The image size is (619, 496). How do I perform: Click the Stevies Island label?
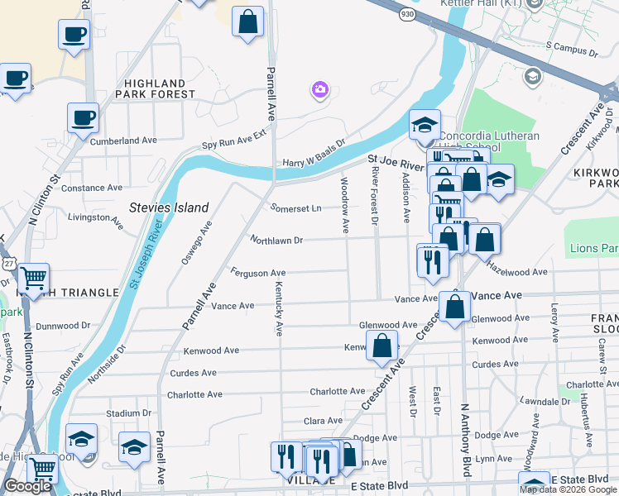click(170, 207)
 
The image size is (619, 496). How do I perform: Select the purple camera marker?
click(319, 89)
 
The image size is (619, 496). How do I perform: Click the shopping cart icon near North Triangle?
click(33, 279)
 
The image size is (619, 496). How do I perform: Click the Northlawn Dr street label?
click(277, 240)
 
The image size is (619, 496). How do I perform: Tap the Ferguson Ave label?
click(258, 272)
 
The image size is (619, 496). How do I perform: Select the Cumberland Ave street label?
click(123, 141)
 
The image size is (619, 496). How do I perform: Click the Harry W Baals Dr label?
click(313, 154)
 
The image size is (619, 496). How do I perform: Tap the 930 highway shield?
click(406, 14)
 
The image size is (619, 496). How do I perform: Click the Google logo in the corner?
click(27, 487)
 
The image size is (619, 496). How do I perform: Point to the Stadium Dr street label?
click(128, 413)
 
